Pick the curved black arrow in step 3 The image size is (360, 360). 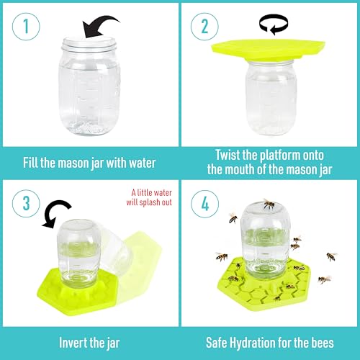tap(54, 215)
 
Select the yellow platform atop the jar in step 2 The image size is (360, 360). tap(270, 48)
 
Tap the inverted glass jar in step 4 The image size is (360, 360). tap(266, 238)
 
